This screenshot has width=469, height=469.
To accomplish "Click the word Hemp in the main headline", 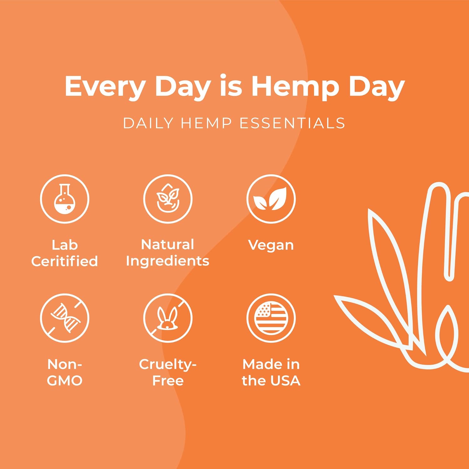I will (295, 87).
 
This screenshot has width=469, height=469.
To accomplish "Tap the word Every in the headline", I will (105, 87).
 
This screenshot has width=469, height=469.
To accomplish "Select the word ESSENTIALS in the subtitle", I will (292, 123).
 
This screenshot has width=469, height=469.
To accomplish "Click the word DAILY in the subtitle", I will (148, 123).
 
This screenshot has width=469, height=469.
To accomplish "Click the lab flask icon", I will (65, 199).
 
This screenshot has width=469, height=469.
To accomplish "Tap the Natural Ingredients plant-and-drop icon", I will (168, 199).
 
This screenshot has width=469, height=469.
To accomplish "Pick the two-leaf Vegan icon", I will (271, 199).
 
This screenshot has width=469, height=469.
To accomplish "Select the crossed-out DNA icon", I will (65, 318).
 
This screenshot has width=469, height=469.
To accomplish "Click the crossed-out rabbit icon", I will (168, 318).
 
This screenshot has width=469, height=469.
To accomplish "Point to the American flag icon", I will (271, 318).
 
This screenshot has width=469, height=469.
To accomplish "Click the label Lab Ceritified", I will (65, 253).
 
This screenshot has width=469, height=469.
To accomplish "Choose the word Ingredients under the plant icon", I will (168, 261).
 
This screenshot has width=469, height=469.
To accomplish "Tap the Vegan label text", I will (271, 245).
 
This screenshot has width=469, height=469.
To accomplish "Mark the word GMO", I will (65, 381).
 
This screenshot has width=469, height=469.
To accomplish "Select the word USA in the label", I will (285, 381).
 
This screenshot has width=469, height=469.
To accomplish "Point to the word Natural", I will (168, 245).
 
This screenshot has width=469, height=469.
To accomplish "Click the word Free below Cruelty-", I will (168, 381).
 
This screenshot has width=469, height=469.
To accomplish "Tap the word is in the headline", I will (231, 86).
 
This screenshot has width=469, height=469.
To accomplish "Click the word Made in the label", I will (262, 364).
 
